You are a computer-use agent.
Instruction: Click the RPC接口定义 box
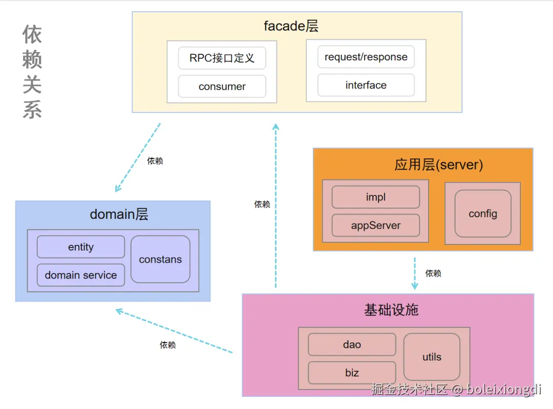point(222,58)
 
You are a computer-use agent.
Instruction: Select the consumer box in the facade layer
point(222,86)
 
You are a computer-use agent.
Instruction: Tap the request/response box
point(366,57)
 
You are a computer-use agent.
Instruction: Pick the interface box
point(366,85)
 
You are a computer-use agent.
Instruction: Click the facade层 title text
point(291,26)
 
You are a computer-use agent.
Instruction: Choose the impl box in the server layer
point(376,197)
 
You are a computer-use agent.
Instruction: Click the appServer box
point(376,225)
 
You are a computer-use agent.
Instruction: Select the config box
point(483,214)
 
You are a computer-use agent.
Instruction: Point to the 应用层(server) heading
point(439,165)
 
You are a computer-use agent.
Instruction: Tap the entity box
point(81,247)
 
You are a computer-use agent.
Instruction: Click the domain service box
point(81,275)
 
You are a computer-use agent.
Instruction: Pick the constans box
point(160,259)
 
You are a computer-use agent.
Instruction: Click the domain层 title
point(119,214)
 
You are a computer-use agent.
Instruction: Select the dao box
point(352,345)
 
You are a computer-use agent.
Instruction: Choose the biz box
point(352,373)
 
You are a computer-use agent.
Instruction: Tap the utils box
point(432,357)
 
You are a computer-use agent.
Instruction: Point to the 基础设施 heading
point(391,310)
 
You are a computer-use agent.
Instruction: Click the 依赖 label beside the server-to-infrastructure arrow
point(433,274)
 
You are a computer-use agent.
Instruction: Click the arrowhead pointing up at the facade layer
point(276,127)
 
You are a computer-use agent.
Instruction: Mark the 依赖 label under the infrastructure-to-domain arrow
point(167,345)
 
